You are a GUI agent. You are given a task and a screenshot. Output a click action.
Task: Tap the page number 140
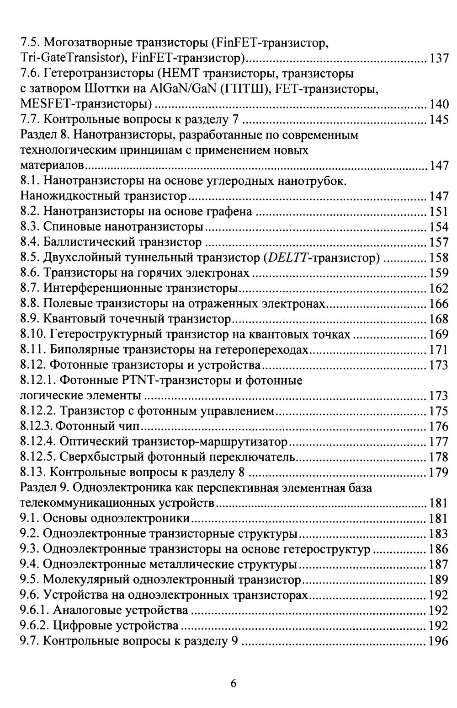439,104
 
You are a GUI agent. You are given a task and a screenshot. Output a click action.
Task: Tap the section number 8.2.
30,212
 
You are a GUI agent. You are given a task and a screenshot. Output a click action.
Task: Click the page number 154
439,227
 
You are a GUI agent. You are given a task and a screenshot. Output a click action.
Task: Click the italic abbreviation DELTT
286,258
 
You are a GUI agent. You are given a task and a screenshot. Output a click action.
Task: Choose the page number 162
439,289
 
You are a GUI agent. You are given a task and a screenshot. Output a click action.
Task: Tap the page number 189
439,580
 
